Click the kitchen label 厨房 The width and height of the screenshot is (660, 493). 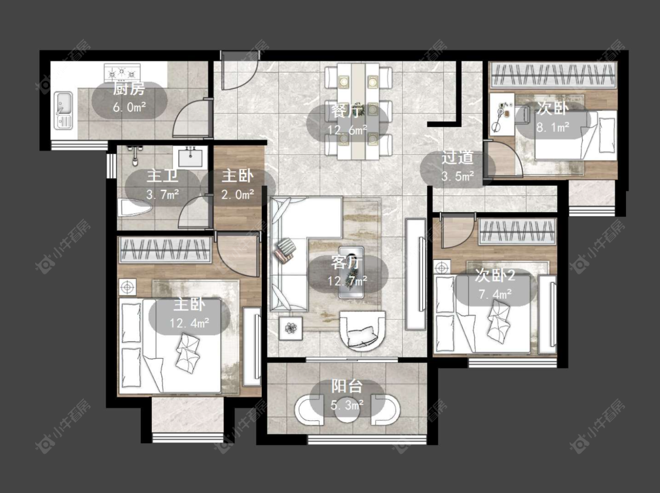tap(129, 89)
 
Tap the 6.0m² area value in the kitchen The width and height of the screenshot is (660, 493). tap(129, 107)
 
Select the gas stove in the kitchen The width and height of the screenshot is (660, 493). tap(122, 73)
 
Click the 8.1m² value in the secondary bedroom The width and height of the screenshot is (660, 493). tap(553, 127)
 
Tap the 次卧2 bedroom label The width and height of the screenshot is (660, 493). tap(495, 276)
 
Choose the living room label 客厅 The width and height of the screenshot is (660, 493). tap(347, 263)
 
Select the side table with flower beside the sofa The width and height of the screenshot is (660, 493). tap(291, 328)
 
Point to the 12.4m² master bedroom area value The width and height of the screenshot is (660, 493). tap(190, 323)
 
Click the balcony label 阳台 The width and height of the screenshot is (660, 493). tap(347, 386)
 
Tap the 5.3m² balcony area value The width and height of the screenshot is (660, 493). tap(347, 406)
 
